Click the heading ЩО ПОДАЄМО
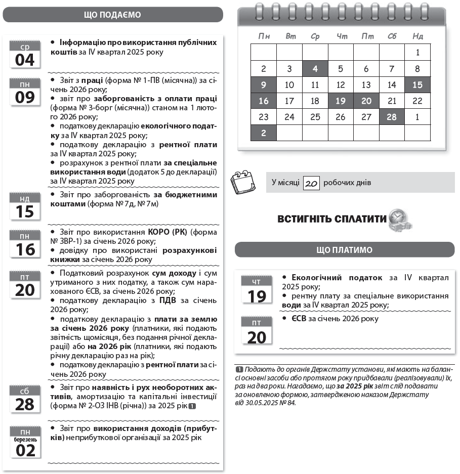point(112,15)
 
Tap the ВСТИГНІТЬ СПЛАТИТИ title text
point(332,219)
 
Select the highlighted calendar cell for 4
point(315,69)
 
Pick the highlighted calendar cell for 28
point(392,117)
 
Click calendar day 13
point(366,85)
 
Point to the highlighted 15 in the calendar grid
point(417,85)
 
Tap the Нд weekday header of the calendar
point(417,36)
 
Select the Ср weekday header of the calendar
point(315,36)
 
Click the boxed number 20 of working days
point(312,183)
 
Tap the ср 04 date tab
point(25,55)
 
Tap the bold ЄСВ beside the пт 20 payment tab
point(292,319)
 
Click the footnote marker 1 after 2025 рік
point(192,406)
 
